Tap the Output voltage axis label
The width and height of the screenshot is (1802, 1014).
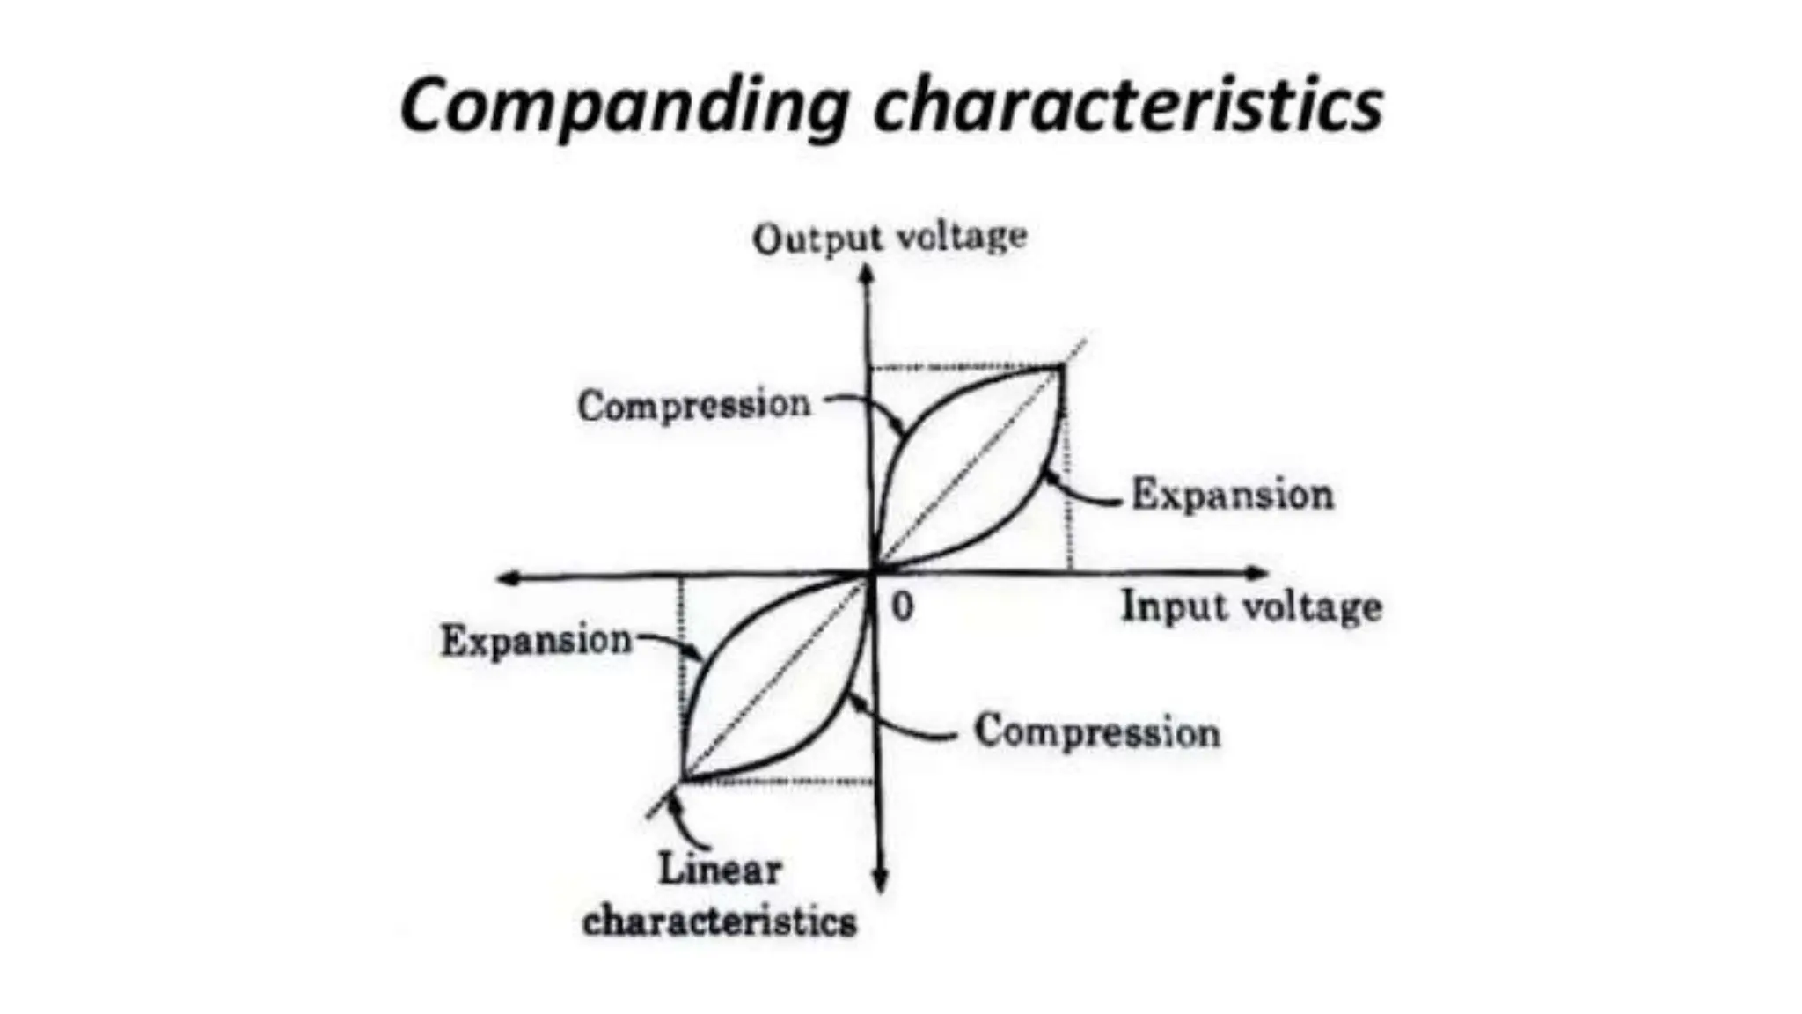890,238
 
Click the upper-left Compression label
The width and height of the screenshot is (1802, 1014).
694,405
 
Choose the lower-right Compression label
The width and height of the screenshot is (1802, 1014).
1097,731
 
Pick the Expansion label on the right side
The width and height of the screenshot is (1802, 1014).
1232,494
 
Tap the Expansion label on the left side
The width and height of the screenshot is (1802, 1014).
536,640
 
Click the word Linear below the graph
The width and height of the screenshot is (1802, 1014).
720,870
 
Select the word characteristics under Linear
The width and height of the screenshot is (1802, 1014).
720,922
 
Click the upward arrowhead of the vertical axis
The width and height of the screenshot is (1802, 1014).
867,275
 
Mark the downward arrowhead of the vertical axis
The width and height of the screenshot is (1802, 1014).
880,883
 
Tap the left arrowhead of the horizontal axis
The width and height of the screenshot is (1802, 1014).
506,578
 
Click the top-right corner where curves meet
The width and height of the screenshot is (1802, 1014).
1061,369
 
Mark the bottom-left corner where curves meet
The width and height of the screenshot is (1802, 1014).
683,779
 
